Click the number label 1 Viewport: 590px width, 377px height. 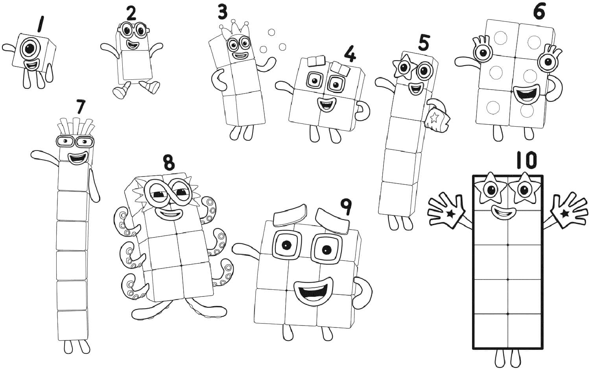tap(39, 24)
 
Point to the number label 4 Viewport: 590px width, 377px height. tap(350, 54)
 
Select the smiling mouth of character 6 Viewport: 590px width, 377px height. tap(527, 95)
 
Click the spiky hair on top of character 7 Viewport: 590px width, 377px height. tap(76, 127)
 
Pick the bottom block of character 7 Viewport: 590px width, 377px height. tap(72, 325)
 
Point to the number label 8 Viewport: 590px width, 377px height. tap(168, 163)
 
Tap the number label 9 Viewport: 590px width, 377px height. tap(345, 207)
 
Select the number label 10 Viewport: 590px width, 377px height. tap(526, 161)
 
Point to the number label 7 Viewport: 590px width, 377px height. tap(81, 107)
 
